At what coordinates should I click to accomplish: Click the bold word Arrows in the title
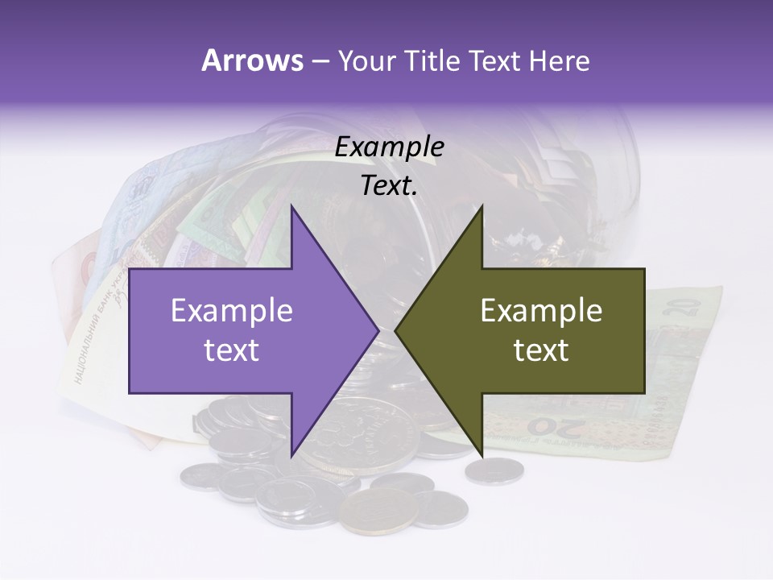[253, 60]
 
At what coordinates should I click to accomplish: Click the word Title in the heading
[432, 61]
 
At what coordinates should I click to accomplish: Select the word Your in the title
[364, 61]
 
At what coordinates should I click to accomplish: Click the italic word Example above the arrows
[389, 147]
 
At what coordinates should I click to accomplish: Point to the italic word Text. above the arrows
[389, 186]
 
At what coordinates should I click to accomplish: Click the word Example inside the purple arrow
[232, 311]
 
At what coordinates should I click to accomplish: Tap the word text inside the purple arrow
[232, 350]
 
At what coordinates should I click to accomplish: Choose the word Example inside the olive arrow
[541, 311]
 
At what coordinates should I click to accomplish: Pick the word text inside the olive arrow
[541, 350]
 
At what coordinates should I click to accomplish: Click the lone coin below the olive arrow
[494, 470]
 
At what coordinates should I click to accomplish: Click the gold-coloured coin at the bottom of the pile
[379, 509]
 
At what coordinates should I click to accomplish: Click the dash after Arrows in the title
[320, 61]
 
